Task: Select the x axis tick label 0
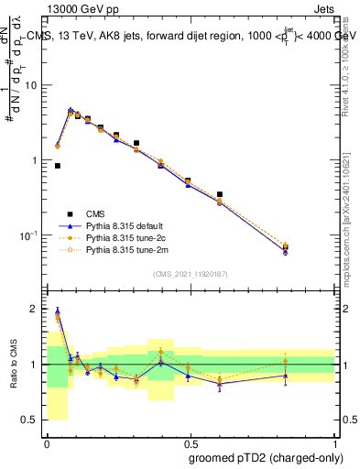pos(47,441)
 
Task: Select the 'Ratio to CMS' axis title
pos(12,365)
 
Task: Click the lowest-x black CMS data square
pos(58,166)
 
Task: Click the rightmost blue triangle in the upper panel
pos(311,250)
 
